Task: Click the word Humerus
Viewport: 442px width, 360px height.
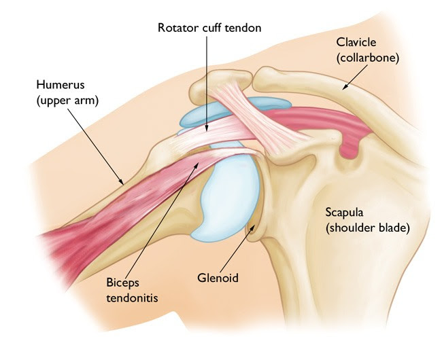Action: pyautogui.click(x=61, y=85)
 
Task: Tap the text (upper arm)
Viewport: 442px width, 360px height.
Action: pyautogui.click(x=67, y=101)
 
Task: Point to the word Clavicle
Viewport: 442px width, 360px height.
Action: pyautogui.click(x=356, y=42)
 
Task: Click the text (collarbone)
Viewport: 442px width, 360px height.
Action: pyautogui.click(x=368, y=58)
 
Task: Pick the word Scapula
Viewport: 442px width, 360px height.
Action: pyautogui.click(x=344, y=212)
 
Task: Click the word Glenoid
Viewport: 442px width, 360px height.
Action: pyautogui.click(x=218, y=278)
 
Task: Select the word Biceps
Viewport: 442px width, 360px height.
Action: pyautogui.click(x=122, y=283)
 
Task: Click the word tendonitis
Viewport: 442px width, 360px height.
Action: pyautogui.click(x=132, y=298)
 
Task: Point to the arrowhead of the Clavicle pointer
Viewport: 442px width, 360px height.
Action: pyautogui.click(x=345, y=88)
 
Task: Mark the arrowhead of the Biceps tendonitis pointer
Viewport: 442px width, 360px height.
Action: pyautogui.click(x=197, y=164)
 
